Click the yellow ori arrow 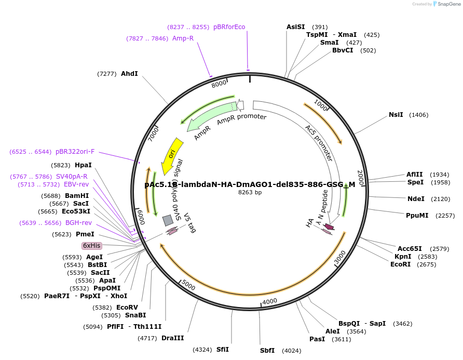point(172,155)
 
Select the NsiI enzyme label point(396,115)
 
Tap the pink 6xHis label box point(91,245)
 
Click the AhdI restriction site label point(129,74)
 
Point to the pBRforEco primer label point(229,27)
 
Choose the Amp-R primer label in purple point(183,38)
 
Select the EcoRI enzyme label point(400,264)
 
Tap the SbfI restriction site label point(267,351)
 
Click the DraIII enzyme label point(172,339)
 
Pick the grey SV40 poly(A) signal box point(168,220)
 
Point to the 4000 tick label point(270,302)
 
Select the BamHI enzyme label point(77,196)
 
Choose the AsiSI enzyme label point(296,27)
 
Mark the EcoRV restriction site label point(127,308)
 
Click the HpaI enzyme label point(83,165)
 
